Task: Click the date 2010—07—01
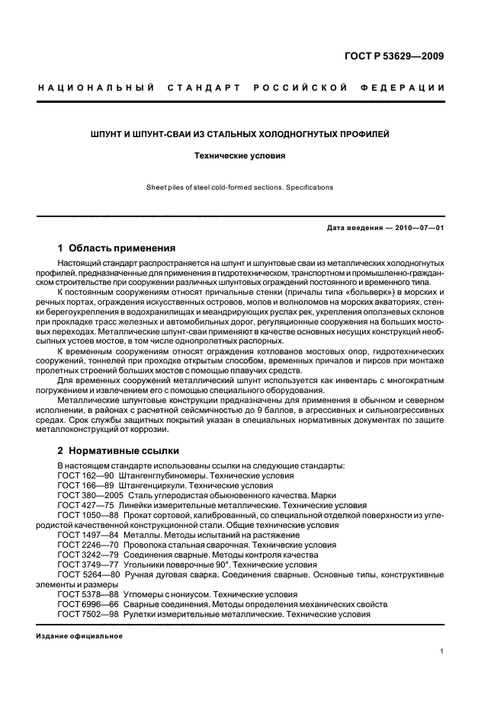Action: point(418,229)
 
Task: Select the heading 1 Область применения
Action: point(117,248)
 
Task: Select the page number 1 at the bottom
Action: point(443,652)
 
